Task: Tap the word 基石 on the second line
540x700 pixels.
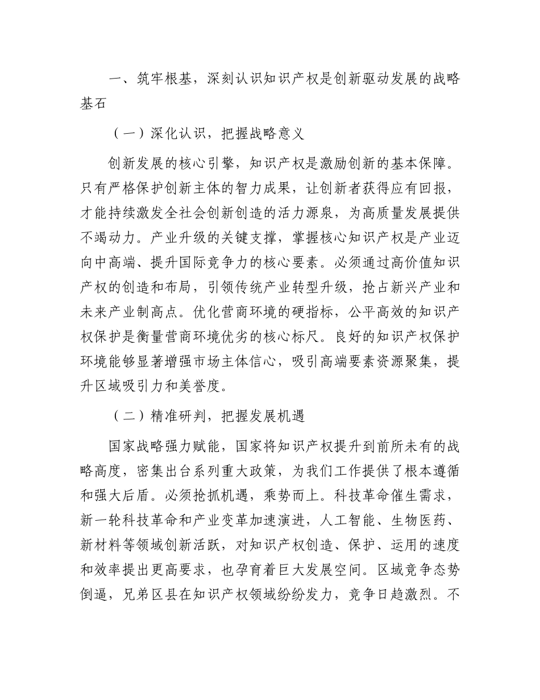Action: coord(94,105)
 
